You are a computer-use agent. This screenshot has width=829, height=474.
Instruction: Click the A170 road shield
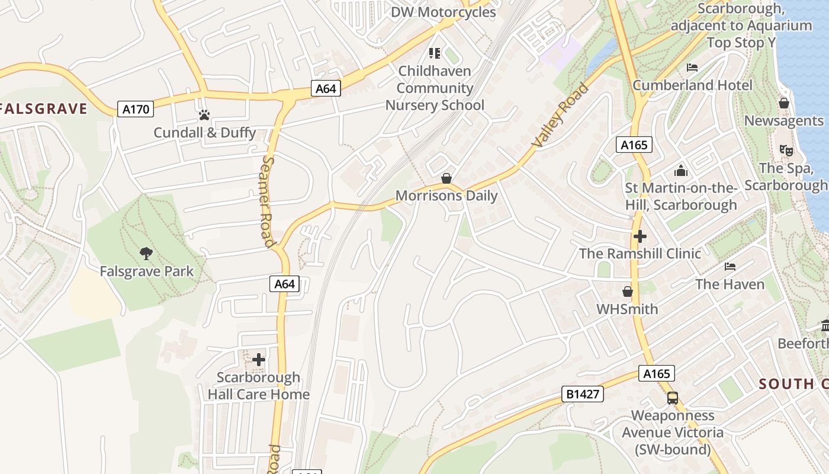tap(136, 109)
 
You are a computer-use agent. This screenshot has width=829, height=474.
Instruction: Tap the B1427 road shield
tap(583, 394)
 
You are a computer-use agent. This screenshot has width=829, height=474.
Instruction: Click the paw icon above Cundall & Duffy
tap(204, 115)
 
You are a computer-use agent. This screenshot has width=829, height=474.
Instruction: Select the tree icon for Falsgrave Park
tap(146, 254)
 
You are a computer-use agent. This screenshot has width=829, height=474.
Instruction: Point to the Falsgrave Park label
tap(147, 272)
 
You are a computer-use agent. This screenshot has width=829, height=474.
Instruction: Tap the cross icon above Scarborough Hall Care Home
tap(259, 359)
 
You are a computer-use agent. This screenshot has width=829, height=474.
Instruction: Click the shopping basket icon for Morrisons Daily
tap(446, 178)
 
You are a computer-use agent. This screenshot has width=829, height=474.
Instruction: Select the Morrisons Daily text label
tap(446, 196)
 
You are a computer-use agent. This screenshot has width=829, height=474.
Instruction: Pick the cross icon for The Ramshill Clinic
tap(640, 236)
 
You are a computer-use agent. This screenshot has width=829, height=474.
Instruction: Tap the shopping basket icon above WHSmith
tap(627, 292)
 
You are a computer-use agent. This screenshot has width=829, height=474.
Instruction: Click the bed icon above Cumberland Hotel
tap(692, 68)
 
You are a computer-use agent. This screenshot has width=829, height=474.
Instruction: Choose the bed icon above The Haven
tap(730, 267)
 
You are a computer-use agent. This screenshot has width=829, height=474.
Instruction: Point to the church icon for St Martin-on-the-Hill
tap(681, 171)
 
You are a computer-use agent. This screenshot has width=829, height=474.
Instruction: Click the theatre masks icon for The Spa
tap(786, 150)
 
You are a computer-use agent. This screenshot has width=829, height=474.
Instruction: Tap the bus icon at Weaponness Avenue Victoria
tap(673, 398)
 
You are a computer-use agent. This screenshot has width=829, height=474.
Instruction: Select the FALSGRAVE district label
tap(44, 109)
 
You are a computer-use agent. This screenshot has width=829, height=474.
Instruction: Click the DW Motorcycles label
tap(444, 12)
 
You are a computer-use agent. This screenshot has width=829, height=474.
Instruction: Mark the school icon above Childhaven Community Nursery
tap(435, 53)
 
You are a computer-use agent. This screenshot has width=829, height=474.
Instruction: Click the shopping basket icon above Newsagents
tap(784, 103)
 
